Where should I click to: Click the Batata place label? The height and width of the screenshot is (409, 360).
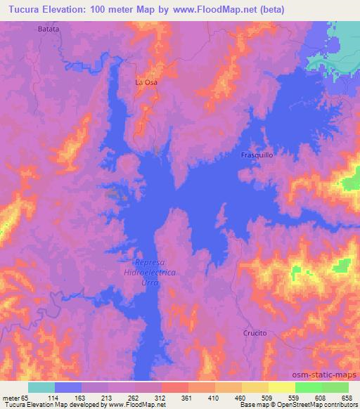(x=48, y=30)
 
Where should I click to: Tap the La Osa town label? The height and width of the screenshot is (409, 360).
(x=146, y=82)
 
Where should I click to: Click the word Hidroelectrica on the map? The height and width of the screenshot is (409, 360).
(x=148, y=271)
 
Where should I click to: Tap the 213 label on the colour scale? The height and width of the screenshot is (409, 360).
(x=108, y=397)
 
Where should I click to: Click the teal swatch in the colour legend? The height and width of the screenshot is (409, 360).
(x=41, y=387)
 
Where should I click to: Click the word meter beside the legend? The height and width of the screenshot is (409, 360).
(x=12, y=397)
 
